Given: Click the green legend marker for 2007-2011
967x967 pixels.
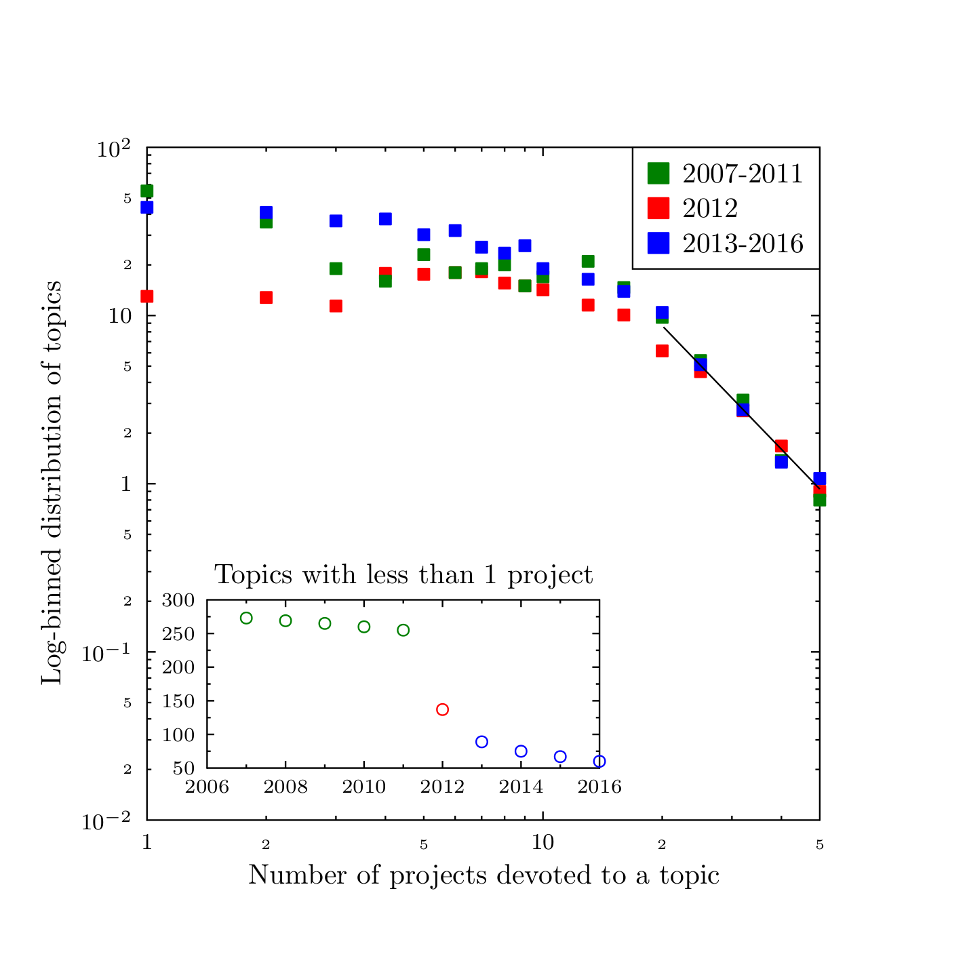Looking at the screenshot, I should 658,174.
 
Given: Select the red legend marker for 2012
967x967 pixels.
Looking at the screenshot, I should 658,208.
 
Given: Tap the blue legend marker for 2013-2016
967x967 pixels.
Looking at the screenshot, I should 658,243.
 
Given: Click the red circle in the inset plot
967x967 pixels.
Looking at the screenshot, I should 442,709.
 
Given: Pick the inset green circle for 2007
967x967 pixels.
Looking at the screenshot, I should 246,618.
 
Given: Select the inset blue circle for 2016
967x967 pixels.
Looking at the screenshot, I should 599,762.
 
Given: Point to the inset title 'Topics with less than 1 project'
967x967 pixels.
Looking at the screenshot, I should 403,575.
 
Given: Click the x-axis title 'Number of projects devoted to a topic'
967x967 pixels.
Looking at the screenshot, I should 483,875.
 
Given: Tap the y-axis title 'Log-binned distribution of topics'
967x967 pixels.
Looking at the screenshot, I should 52,482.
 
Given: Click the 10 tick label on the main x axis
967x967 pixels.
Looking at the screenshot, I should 542,843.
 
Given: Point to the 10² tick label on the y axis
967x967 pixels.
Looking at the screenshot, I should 113,149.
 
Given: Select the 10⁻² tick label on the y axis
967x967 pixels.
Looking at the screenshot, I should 106,821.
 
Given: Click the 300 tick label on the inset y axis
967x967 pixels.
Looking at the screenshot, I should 179,601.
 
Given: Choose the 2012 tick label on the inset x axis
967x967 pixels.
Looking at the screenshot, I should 442,787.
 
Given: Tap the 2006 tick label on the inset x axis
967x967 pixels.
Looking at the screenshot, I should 208,787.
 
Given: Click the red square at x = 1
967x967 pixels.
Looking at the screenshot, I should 146,296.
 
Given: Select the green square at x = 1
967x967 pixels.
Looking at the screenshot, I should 146,191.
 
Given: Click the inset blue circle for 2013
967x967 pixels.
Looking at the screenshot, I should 481,742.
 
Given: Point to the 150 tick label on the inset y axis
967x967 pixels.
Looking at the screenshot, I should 179,701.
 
